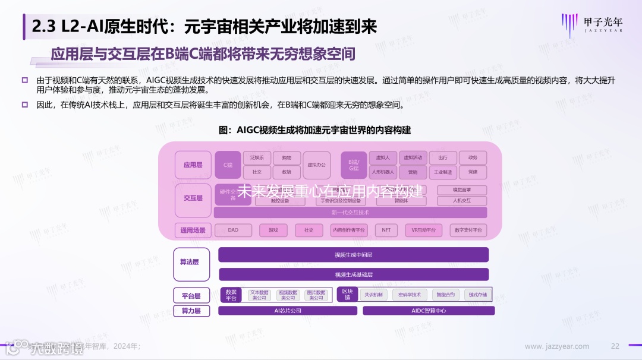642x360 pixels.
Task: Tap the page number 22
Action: click(x=615, y=346)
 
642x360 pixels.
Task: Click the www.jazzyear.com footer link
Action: click(x=557, y=346)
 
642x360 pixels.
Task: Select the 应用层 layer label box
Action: click(x=193, y=165)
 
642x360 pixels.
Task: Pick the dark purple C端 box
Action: click(x=227, y=165)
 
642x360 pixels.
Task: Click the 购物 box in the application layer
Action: click(x=287, y=158)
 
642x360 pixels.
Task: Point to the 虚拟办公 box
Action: click(x=316, y=165)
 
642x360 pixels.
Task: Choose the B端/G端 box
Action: click(x=353, y=165)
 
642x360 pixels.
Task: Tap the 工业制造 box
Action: click(x=443, y=172)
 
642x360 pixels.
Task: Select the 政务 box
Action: click(x=473, y=158)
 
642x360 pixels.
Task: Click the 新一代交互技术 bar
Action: click(x=350, y=212)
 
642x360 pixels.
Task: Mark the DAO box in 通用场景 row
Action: click(x=233, y=230)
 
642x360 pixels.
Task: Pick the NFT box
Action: click(x=386, y=230)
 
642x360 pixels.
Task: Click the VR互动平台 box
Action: click(x=423, y=230)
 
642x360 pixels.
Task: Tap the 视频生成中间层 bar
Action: click(x=353, y=255)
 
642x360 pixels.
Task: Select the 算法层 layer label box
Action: click(x=191, y=264)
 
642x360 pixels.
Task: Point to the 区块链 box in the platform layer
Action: click(x=347, y=294)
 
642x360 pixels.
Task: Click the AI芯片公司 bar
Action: click(x=288, y=311)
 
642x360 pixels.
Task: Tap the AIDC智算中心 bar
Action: click(x=429, y=311)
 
